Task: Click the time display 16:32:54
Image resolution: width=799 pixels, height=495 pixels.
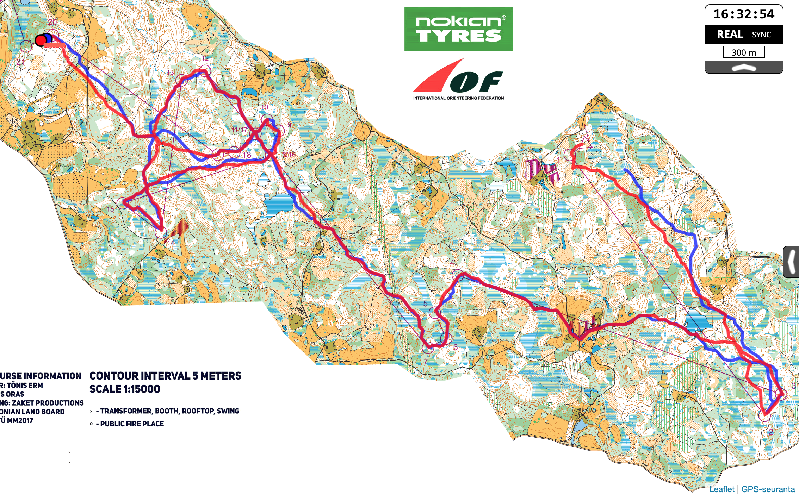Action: [744, 14]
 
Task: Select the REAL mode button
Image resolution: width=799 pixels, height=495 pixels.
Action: [730, 34]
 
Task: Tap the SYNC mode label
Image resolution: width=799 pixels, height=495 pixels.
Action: [761, 35]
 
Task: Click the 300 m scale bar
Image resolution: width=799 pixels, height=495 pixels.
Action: [744, 52]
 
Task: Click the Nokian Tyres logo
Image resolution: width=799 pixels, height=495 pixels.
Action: [458, 29]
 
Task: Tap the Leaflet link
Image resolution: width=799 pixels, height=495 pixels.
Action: [721, 489]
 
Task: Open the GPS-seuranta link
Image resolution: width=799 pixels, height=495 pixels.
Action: [768, 489]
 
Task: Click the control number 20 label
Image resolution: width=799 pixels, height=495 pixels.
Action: [52, 22]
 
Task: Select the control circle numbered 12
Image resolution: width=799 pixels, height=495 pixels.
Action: [205, 70]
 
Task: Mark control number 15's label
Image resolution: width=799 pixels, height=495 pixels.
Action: [110, 209]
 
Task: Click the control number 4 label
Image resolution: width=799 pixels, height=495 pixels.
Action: [452, 262]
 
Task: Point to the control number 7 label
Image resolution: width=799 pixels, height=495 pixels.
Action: [426, 362]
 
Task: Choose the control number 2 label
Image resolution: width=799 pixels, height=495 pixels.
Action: [771, 432]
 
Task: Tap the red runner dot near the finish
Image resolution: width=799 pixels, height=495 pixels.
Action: [41, 40]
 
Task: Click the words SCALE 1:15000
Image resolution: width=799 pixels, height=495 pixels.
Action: [125, 389]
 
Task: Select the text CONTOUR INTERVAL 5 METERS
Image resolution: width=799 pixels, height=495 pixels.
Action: [165, 376]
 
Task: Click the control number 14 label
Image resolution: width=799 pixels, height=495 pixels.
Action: [171, 243]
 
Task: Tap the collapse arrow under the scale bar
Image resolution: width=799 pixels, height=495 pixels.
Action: [744, 68]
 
